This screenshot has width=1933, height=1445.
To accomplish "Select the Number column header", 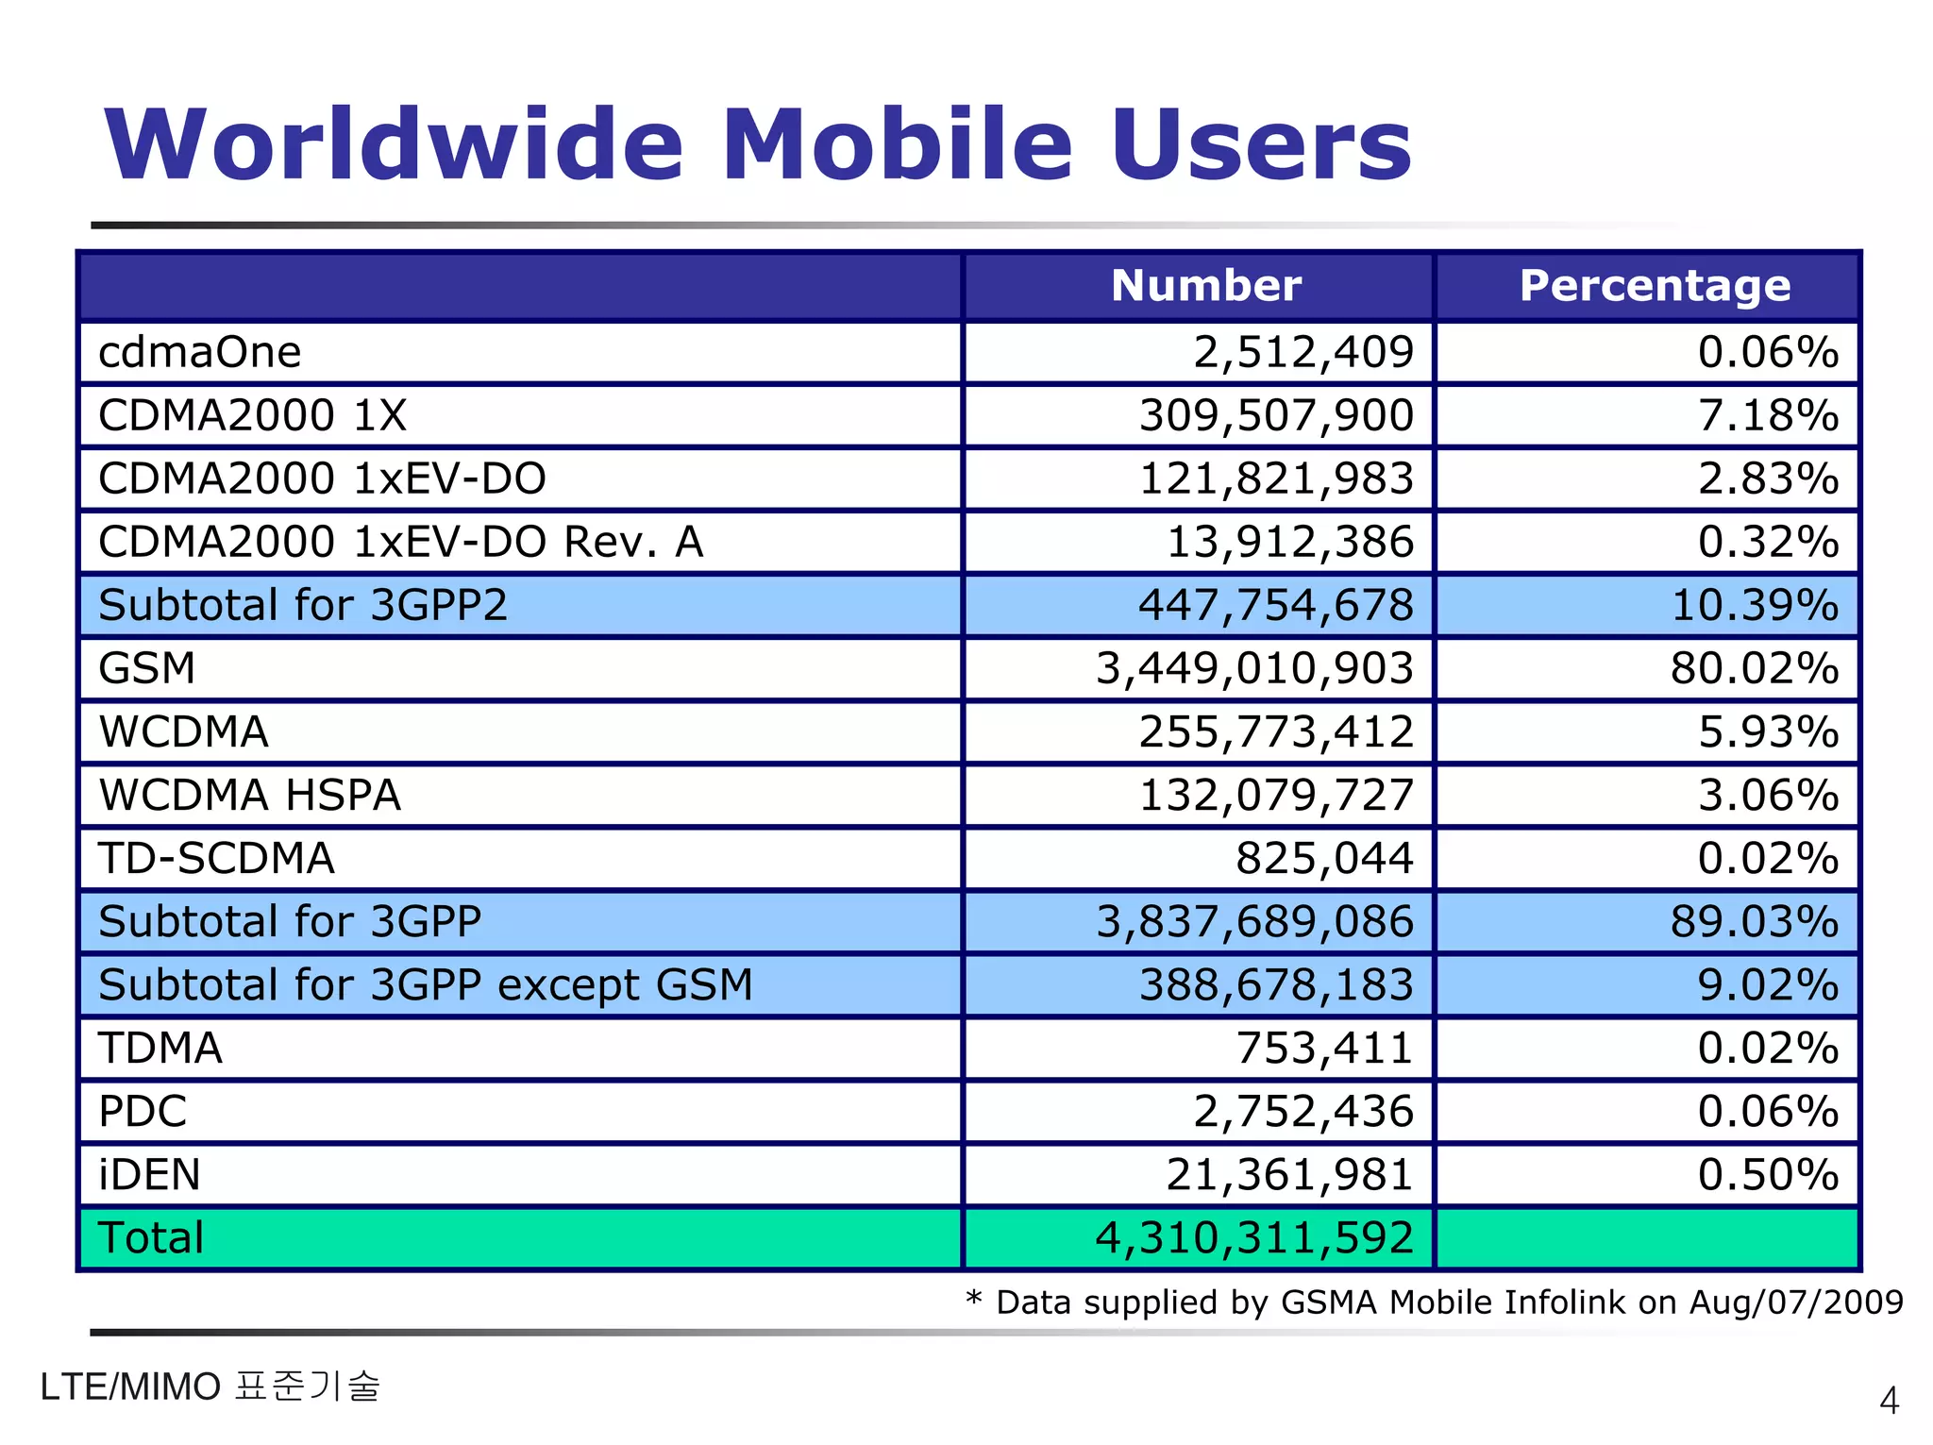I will tap(1205, 285).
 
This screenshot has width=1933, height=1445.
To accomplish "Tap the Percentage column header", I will tap(1655, 285).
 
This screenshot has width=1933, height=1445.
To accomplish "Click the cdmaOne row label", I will tap(200, 352).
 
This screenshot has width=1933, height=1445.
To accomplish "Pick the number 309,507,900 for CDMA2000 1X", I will tap(1276, 415).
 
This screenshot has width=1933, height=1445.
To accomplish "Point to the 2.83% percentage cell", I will tap(1768, 479).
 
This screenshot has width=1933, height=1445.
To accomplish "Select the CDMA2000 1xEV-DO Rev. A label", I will tap(400, 542).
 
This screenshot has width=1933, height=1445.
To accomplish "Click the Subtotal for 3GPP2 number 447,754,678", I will tap(1276, 605).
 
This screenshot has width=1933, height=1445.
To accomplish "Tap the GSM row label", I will tap(147, 668).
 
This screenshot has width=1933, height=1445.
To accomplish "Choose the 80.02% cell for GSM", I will tap(1754, 668).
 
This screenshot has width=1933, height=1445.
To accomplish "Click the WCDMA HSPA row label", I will tap(250, 795).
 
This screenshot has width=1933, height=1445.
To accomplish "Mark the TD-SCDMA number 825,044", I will tap(1324, 858).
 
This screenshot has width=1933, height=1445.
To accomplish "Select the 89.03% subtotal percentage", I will tap(1754, 921).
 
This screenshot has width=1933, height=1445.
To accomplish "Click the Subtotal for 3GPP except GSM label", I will tap(426, 984).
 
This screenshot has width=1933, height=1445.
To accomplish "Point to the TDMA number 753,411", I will tap(1324, 1048).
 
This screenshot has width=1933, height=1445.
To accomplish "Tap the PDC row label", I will tap(143, 1111).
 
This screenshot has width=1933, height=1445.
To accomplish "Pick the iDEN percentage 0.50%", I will tap(1768, 1174).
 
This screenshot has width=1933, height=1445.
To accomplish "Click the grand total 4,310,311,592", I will tap(1254, 1237).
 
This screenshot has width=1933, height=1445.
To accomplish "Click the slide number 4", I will tap(1889, 1401).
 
